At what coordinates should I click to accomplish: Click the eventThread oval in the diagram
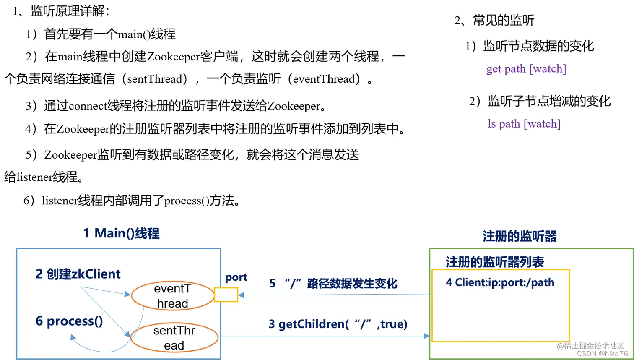point(172,296)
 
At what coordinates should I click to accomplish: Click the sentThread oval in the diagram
point(174,338)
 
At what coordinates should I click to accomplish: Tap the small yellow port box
point(226,295)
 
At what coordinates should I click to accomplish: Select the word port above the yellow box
point(236,277)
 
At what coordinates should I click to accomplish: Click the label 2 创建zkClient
point(78,274)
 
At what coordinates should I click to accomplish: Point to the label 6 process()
point(69,321)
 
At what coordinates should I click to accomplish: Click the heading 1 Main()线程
point(121,233)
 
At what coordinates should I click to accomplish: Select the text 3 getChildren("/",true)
point(338,324)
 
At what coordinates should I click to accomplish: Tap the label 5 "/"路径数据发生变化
point(333,284)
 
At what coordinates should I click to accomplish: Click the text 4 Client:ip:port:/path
point(500,283)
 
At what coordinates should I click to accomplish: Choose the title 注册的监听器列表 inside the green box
point(495,263)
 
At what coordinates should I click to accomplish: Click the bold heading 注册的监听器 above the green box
point(520,237)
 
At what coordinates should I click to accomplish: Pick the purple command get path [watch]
point(526,69)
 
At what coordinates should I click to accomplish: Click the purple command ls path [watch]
point(524,124)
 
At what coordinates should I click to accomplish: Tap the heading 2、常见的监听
point(494,21)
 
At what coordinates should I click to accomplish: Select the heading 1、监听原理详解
point(61,11)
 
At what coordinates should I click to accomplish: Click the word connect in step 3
point(88,106)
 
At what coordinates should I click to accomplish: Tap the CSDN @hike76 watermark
point(602,354)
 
